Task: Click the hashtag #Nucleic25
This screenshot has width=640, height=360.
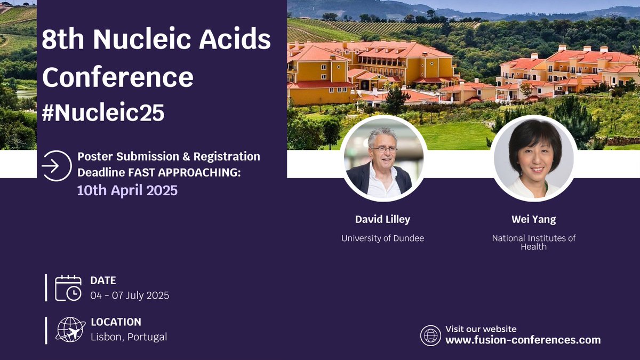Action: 103,113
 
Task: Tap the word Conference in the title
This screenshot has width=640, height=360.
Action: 117,77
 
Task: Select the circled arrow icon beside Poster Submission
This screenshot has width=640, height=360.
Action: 56,165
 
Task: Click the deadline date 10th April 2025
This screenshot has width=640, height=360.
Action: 127,190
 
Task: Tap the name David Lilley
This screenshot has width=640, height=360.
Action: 382,220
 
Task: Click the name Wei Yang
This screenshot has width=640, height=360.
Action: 534,220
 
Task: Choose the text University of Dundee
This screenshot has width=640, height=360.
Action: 382,238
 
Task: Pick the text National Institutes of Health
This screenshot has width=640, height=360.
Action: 534,243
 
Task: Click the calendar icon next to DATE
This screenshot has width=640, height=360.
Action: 68,288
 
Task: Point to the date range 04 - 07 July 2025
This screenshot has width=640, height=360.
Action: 130,295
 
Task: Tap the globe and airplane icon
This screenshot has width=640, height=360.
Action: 70,330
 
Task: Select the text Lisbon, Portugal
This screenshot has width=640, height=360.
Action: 129,337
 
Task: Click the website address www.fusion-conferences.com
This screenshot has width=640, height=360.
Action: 523,340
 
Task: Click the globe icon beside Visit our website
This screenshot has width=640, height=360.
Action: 430,335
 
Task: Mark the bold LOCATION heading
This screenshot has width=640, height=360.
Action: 116,322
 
